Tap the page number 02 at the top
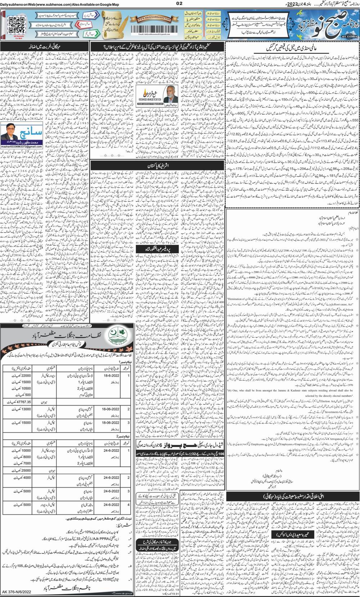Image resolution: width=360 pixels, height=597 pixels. click(180, 4)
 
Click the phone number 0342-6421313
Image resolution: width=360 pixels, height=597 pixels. click(149, 99)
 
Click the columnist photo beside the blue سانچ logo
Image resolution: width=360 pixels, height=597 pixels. click(10, 131)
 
